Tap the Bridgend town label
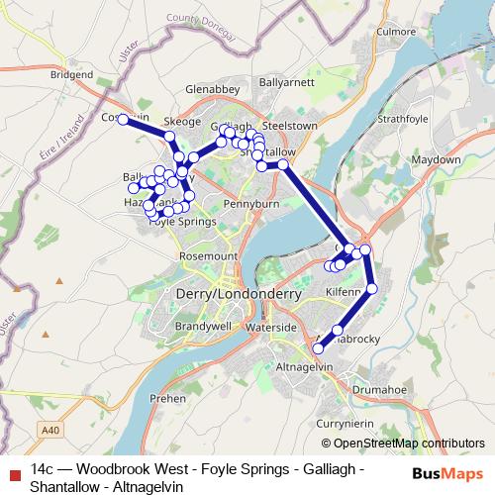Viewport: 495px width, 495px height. [70, 74]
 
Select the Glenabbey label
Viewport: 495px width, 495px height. [214, 88]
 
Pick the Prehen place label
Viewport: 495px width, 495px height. [169, 397]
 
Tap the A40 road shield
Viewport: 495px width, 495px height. [51, 431]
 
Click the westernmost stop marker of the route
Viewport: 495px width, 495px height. [122, 119]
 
